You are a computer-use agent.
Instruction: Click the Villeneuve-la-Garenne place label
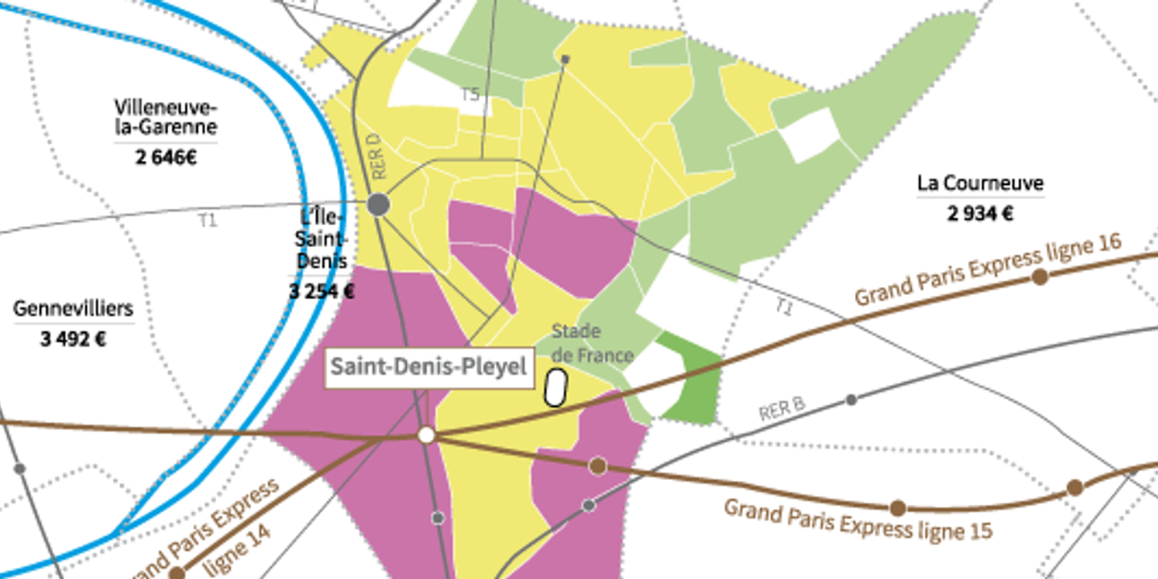(x=166, y=117)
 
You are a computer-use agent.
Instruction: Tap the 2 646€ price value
(x=166, y=158)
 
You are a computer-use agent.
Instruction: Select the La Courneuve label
(x=979, y=183)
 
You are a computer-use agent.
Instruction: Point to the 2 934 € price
(x=979, y=214)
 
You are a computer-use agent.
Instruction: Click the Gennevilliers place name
(x=73, y=309)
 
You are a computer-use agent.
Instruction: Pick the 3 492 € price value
(x=73, y=339)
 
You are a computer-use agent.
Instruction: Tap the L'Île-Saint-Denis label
(x=322, y=239)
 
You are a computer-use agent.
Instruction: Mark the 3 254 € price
(x=321, y=291)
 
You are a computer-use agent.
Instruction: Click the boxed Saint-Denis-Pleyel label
(x=429, y=368)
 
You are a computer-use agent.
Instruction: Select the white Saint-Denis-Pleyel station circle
(x=426, y=435)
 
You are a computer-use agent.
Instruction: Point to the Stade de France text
(x=592, y=343)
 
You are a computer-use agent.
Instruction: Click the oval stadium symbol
(x=555, y=388)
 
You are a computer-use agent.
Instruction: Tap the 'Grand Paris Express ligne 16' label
(x=988, y=272)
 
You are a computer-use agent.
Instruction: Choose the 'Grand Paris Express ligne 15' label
(x=857, y=519)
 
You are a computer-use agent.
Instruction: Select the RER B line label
(x=782, y=409)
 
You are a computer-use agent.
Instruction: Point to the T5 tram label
(x=470, y=95)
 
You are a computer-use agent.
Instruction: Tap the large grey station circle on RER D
(x=379, y=204)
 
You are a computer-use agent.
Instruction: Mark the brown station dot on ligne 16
(x=1040, y=277)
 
